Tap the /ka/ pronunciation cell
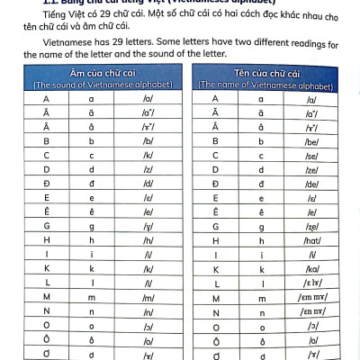pos(317,269)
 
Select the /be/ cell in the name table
pos(317,141)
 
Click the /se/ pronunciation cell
pos(317,156)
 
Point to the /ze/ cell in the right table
pos(317,170)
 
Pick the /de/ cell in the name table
pos(317,184)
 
